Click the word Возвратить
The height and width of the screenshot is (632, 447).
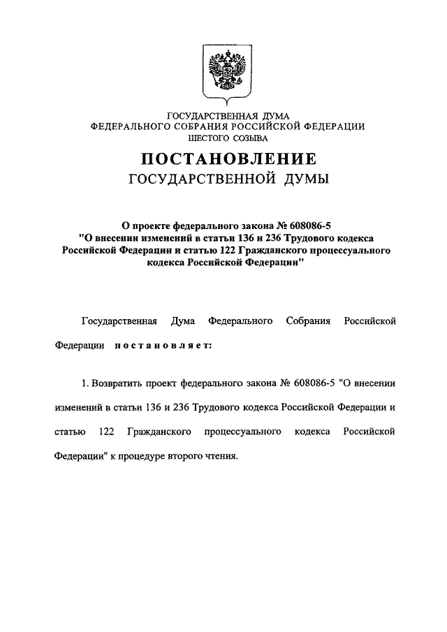(115, 383)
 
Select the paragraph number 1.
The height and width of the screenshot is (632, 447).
(84, 383)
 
